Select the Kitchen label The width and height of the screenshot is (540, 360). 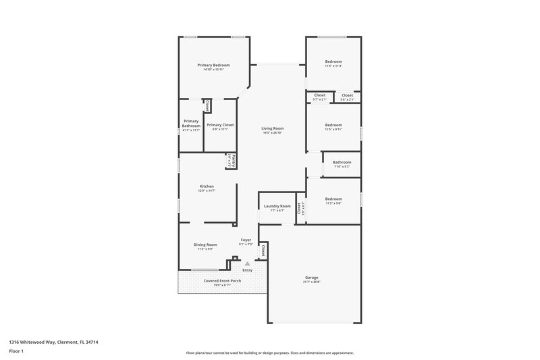pyautogui.click(x=206, y=186)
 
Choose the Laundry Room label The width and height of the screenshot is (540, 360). pyautogui.click(x=277, y=206)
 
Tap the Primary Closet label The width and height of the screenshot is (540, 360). pyautogui.click(x=220, y=125)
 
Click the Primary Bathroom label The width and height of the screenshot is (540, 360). pyautogui.click(x=191, y=124)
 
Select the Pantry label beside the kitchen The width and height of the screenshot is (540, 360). pyautogui.click(x=230, y=162)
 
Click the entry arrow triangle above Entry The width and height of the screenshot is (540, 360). pyautogui.click(x=247, y=263)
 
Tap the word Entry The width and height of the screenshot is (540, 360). pyautogui.click(x=247, y=270)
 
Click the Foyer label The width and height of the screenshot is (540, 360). pyautogui.click(x=246, y=240)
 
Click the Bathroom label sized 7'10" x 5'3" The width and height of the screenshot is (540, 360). pyautogui.click(x=342, y=162)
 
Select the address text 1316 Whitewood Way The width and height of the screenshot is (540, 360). pyautogui.click(x=33, y=342)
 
